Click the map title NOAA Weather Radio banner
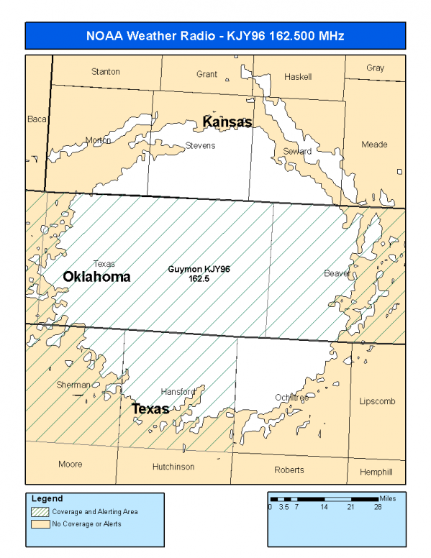point(215,35)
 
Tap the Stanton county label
point(106,72)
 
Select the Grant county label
point(207,74)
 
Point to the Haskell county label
point(298,76)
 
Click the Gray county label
point(375,68)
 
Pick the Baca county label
point(36,119)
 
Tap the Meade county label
point(374,145)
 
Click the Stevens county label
point(200,146)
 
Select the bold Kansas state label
point(227,122)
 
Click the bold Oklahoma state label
point(96,277)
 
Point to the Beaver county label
point(337,273)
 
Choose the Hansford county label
point(178,392)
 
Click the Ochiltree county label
point(291,398)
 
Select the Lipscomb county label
point(377,401)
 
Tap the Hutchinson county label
point(173,467)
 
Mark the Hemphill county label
point(376,472)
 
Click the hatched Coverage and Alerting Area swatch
point(40,512)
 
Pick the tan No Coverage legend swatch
point(40,523)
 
